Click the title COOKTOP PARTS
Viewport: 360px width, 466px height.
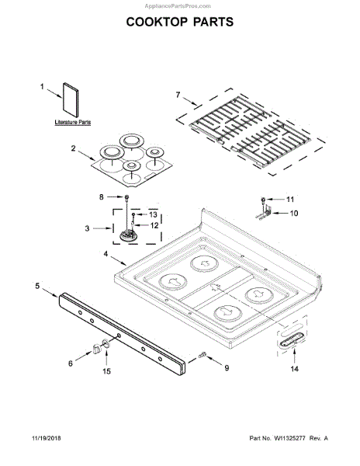tap(180, 22)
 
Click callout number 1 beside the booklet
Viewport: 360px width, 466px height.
tap(42, 86)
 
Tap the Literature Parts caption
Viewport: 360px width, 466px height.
tap(73, 122)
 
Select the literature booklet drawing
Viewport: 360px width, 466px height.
tap(71, 99)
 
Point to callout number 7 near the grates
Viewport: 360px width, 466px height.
tap(178, 95)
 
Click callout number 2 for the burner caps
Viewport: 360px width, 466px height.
tap(73, 148)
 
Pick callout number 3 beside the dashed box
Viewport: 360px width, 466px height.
tap(87, 228)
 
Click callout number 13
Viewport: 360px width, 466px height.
tap(153, 214)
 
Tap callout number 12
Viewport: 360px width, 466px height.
tap(154, 225)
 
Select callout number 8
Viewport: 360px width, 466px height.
tap(102, 197)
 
